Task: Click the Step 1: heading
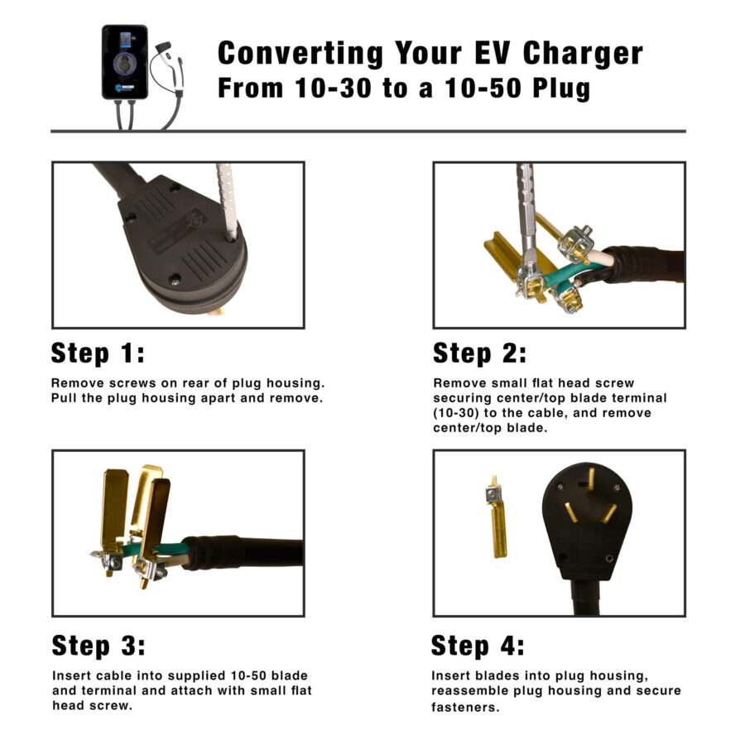(98, 353)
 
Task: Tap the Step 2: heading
(480, 353)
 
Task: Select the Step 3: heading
(99, 646)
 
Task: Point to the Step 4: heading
(478, 646)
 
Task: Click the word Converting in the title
(300, 53)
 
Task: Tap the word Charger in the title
(583, 53)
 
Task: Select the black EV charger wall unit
(124, 62)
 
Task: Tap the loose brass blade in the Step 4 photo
(497, 517)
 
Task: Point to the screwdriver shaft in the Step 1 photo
(227, 202)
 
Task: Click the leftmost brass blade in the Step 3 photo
(114, 511)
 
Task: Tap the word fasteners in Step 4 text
(465, 707)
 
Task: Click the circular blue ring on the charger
(124, 64)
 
